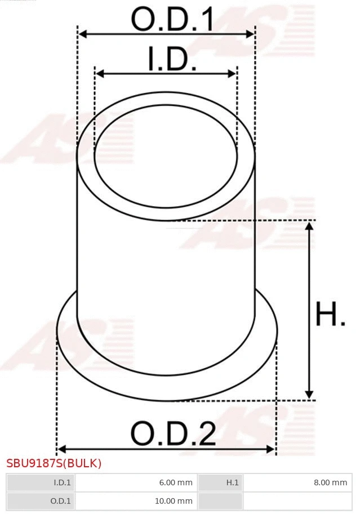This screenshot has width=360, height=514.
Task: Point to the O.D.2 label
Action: click(174, 434)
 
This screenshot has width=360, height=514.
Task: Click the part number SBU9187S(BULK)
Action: click(54, 464)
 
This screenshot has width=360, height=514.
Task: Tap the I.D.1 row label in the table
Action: click(41, 482)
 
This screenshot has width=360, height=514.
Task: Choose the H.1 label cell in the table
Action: click(220, 482)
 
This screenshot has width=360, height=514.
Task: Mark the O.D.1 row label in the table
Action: click(41, 500)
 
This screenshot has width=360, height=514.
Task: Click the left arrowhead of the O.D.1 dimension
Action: click(82, 34)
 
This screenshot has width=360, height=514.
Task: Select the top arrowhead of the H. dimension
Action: click(309, 226)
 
